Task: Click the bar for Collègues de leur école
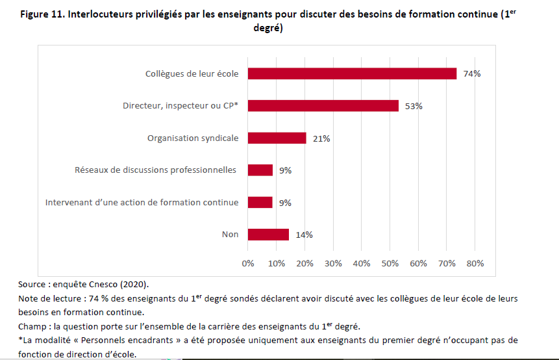[352, 73]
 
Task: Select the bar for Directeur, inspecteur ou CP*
[323, 106]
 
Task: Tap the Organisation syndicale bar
[277, 138]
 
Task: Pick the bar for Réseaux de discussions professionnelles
[260, 170]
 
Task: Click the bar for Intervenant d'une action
[260, 202]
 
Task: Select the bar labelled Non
[268, 235]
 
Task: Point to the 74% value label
[472, 74]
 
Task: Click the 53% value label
[414, 106]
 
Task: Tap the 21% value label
[321, 138]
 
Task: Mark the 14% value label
[304, 235]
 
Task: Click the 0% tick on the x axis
[248, 263]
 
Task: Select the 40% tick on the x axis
[362, 263]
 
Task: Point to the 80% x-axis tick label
[475, 263]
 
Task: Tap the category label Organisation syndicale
[193, 138]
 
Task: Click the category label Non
[230, 235]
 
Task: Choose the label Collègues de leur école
[192, 73]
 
